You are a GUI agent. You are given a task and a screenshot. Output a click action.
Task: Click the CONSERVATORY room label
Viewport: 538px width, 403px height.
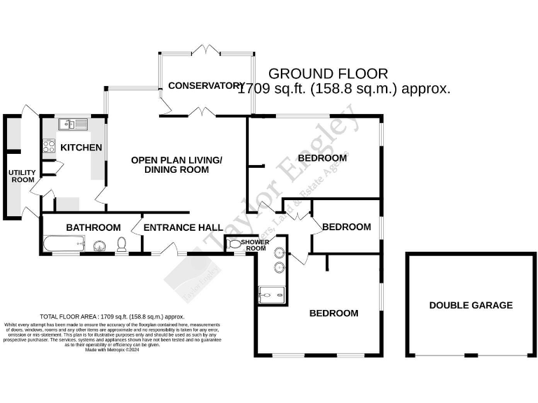coord(205,86)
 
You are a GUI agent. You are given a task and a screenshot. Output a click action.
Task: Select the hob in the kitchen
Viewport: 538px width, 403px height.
coord(50,147)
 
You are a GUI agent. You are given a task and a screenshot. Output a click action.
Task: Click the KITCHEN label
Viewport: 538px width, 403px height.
coord(81,148)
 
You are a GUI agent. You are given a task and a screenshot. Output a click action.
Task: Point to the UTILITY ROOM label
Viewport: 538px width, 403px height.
coord(21,176)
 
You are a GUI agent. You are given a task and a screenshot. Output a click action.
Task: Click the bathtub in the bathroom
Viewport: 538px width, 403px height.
coord(64,245)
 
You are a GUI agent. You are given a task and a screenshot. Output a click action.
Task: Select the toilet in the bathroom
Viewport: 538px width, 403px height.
coord(121,244)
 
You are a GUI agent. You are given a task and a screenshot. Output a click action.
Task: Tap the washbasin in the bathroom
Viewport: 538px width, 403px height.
coord(99,245)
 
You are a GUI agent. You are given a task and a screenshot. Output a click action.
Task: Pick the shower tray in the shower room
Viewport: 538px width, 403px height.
coord(273,296)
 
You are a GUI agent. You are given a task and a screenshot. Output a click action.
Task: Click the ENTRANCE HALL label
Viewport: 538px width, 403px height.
coord(183,227)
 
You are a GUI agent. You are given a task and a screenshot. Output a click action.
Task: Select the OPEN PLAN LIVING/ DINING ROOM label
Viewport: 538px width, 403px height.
coord(177,165)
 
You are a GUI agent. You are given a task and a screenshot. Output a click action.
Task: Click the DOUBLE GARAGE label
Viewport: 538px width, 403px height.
coord(471,305)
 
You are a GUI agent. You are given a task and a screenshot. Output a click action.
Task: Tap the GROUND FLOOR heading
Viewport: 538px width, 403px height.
coord(328,73)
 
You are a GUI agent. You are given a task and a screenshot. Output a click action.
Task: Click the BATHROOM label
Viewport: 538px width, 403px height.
coord(93,227)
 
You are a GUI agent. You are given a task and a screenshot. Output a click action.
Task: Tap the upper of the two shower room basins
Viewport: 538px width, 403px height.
coord(280,252)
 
